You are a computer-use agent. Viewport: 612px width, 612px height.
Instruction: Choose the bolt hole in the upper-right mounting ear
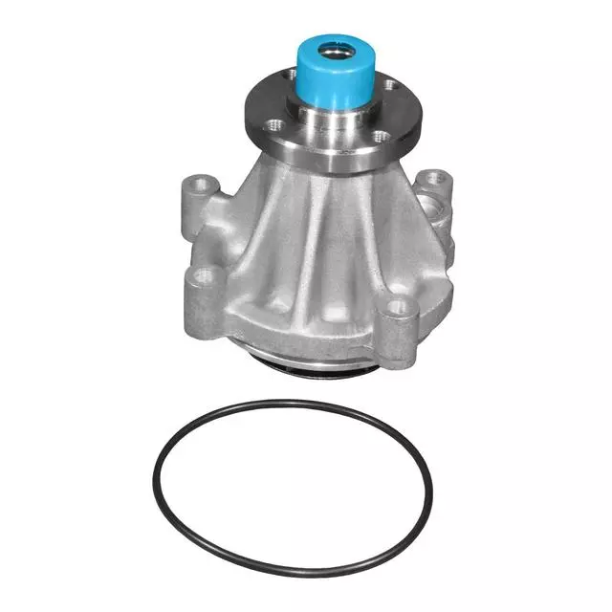point(436,178)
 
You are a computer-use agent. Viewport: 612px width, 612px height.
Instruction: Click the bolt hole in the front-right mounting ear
point(400,307)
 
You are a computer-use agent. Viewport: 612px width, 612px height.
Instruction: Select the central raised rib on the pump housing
point(317,249)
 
